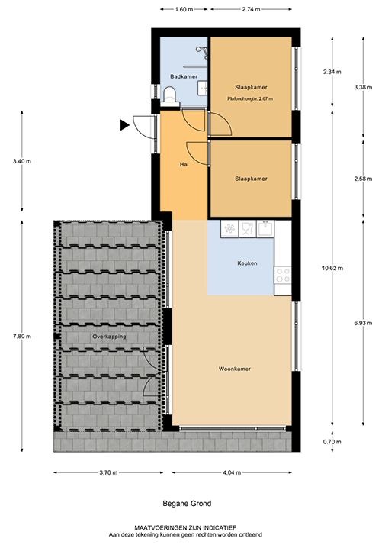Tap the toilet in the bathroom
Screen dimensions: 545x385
tap(171, 95)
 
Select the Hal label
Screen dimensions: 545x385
tap(184, 164)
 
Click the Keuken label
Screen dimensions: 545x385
tap(247, 263)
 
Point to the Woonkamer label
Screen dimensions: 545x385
tap(235, 369)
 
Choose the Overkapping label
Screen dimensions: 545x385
tap(109, 336)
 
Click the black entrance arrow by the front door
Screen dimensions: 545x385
tap(124, 124)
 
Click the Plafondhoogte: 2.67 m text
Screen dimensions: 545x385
tap(250, 99)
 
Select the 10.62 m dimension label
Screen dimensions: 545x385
tap(333, 268)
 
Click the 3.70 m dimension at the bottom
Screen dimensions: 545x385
tap(108, 473)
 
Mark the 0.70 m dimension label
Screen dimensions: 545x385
tap(333, 442)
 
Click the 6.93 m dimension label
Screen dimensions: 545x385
tap(364, 324)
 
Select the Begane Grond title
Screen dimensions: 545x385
tap(187, 505)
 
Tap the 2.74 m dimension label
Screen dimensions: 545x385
tap(251, 10)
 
